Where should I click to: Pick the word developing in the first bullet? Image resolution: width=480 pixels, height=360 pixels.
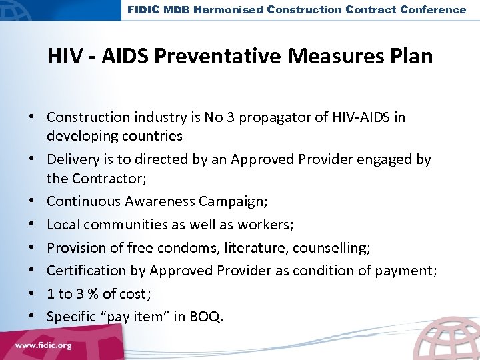pyautogui.click(x=79, y=135)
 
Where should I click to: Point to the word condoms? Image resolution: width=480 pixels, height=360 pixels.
pyautogui.click(x=179, y=248)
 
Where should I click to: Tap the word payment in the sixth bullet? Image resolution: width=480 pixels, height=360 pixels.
pyautogui.click(x=407, y=270)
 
